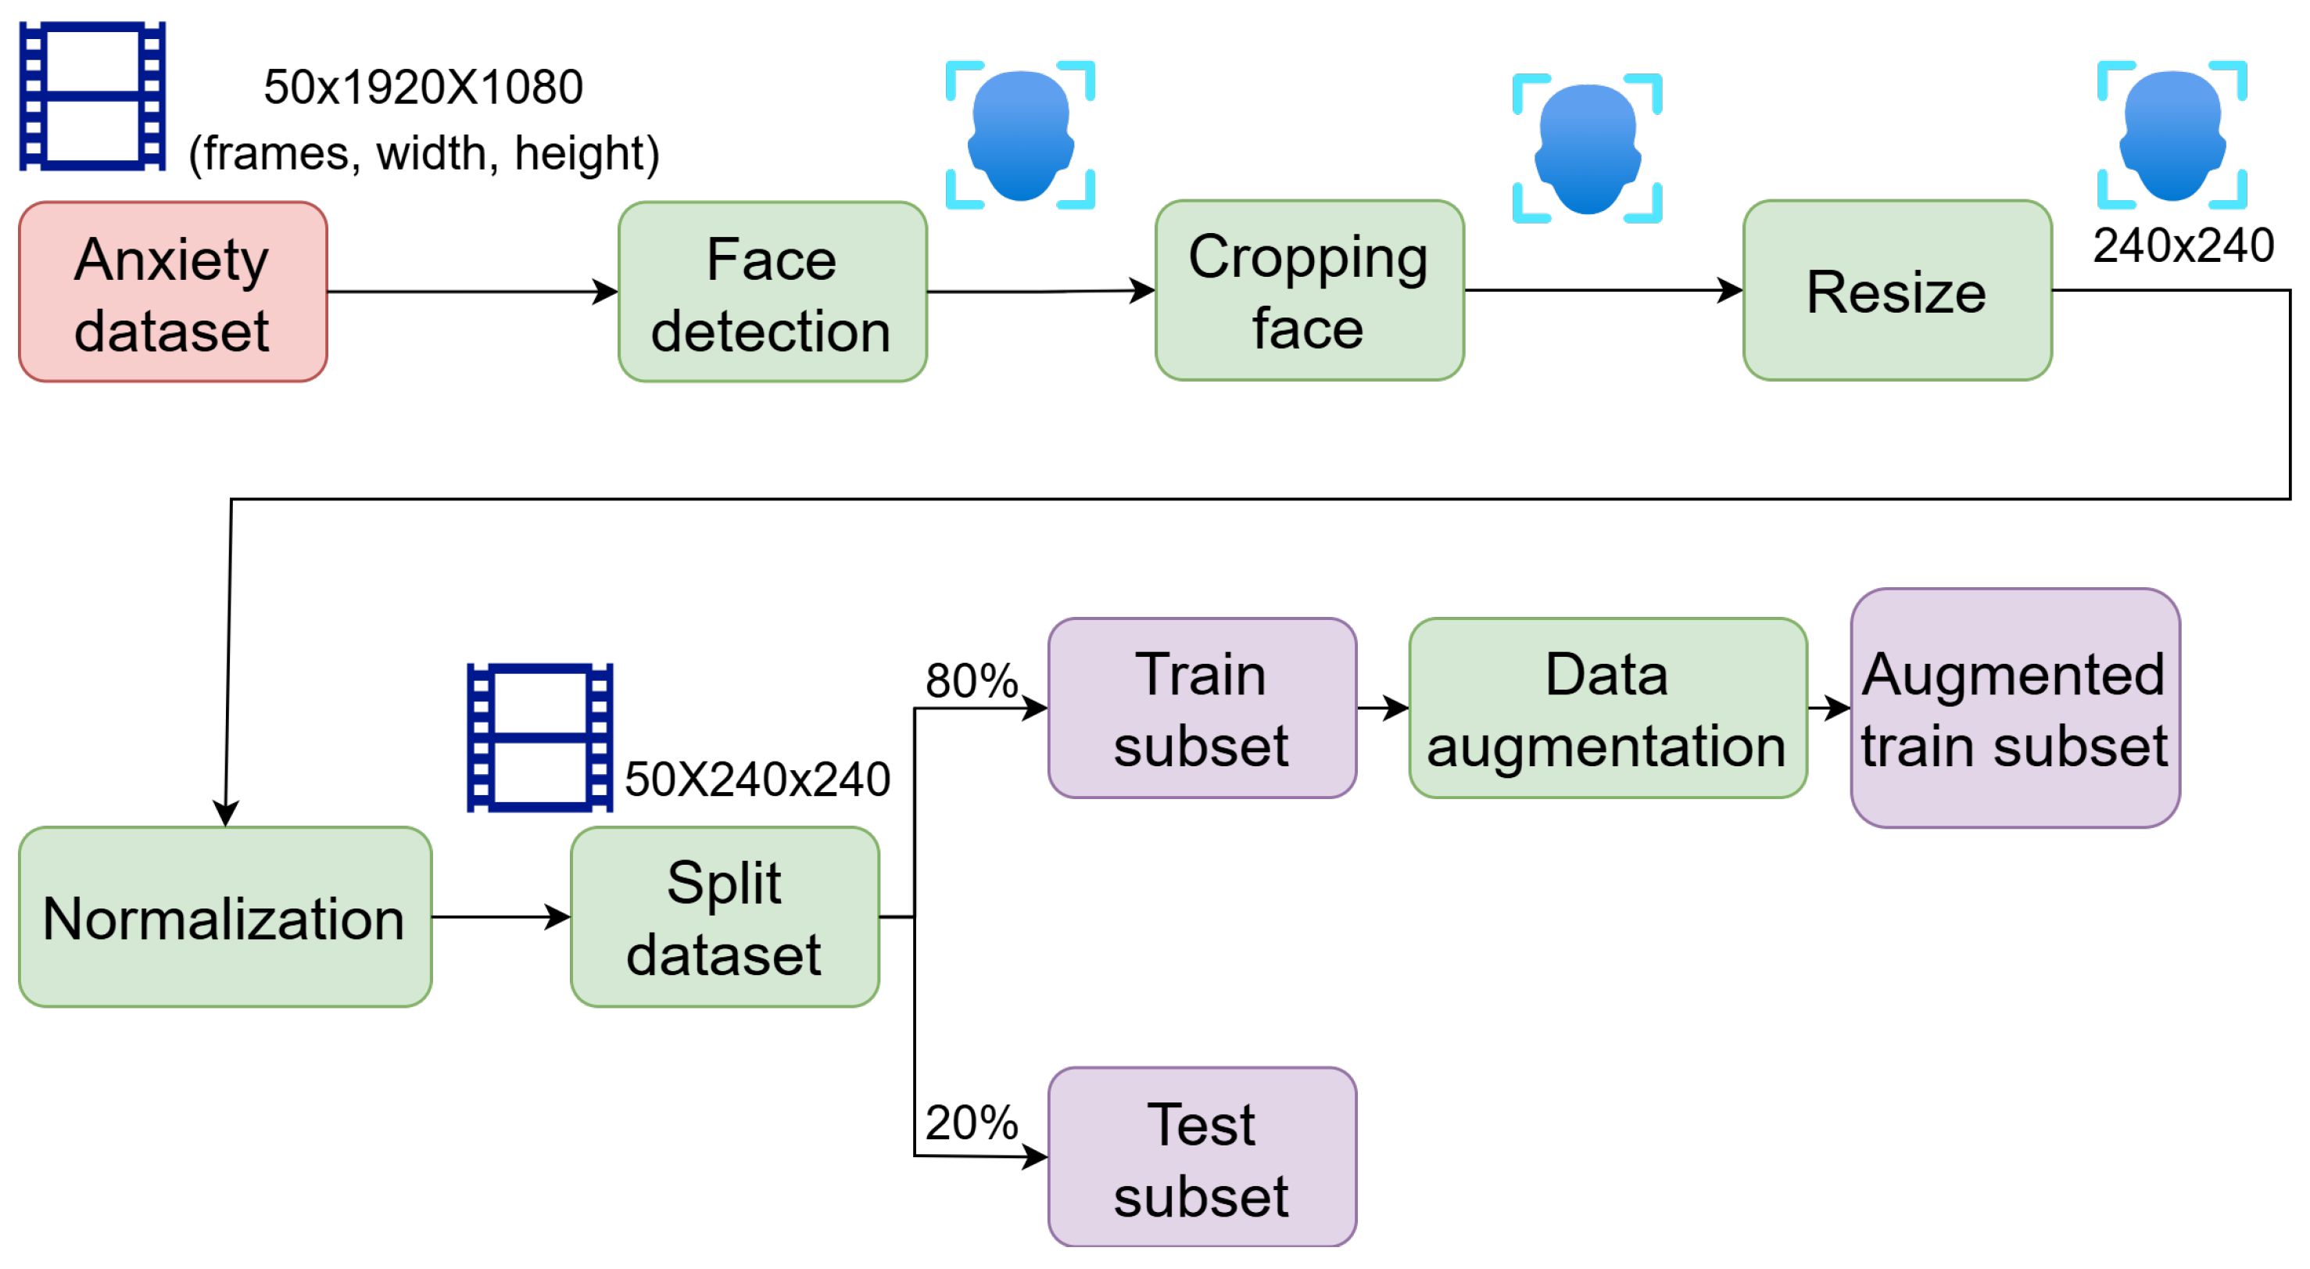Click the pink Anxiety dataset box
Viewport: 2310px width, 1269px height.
click(x=173, y=292)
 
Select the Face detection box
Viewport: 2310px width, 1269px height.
click(x=772, y=292)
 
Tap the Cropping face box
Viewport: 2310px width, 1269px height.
click(x=1309, y=291)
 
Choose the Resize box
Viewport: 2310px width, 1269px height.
click(x=1897, y=291)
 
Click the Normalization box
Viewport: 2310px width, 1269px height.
click(x=225, y=916)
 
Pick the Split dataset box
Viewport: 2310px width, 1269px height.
click(x=725, y=916)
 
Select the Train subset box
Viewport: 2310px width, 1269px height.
click(x=1202, y=708)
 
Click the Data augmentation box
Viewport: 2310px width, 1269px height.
click(x=1608, y=708)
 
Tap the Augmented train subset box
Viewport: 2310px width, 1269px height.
click(x=2015, y=708)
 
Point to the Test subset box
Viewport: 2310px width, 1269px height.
click(x=1202, y=1157)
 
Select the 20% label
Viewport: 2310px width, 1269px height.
click(x=971, y=1122)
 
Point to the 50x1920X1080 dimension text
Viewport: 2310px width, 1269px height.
click(x=423, y=87)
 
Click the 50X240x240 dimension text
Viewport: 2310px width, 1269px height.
click(x=757, y=779)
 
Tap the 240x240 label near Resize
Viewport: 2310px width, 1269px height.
click(x=2183, y=245)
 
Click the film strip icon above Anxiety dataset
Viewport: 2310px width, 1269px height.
click(x=92, y=96)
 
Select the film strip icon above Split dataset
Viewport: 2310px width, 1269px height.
click(x=540, y=738)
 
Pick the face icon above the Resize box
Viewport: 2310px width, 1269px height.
click(x=2172, y=134)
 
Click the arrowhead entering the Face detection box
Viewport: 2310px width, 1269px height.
click(x=606, y=292)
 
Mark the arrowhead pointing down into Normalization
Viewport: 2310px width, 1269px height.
click(x=225, y=813)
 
